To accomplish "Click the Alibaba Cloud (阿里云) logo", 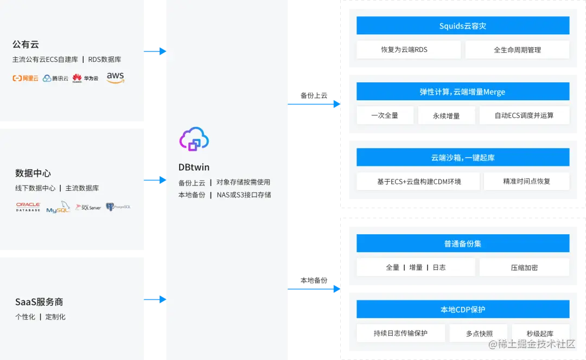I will coord(26,78).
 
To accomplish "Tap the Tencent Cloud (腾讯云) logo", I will coord(55,78).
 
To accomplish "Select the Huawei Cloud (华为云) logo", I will coord(86,78).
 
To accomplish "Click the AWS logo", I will coord(116,78).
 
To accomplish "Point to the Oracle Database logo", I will coord(28,207).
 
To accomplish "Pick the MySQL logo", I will coord(58,208).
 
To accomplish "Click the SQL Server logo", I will coord(88,207).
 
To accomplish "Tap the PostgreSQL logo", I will coord(118,207).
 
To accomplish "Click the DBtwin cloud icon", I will coord(194,139).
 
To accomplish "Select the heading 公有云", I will coord(26,44).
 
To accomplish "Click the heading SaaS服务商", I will coord(39,302).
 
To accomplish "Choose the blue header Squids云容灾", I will coord(463,25).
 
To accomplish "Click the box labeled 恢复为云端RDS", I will coord(409,50).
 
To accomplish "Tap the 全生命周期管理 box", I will coord(517,50).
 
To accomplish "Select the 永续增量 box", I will coord(447,115).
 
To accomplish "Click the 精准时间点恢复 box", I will coord(526,181).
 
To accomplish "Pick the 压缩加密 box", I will coord(524,267).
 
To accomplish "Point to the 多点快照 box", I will coord(479,333).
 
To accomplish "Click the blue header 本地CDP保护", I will coord(463,310).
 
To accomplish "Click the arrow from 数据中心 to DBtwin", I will coord(155,179).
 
